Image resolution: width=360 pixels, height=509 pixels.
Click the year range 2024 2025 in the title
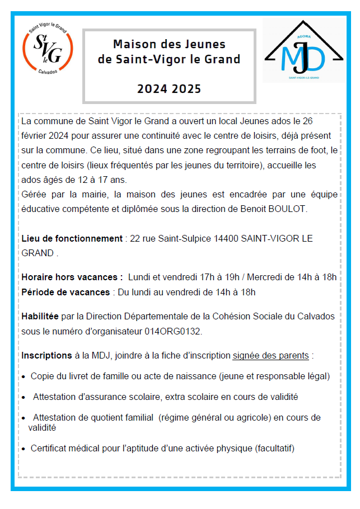pos(169,88)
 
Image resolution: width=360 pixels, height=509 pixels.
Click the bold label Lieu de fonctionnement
pos(72,238)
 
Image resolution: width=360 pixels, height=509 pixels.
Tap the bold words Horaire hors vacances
pos(72,277)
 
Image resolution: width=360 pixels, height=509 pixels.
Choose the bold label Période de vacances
pos(66,292)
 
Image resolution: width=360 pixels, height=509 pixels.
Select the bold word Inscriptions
pos(46,355)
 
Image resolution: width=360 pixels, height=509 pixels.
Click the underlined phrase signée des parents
pos(270,355)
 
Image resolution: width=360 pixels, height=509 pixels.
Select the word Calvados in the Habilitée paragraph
pos(316,317)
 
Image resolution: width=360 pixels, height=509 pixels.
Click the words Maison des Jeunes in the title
pos(169,44)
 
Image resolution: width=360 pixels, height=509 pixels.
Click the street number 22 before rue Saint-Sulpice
pos(134,238)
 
